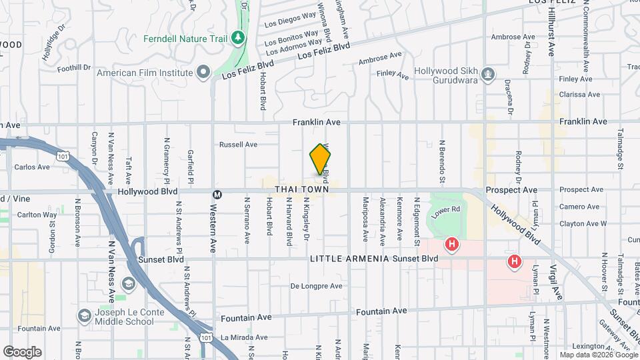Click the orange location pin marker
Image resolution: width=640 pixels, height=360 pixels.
[321, 159]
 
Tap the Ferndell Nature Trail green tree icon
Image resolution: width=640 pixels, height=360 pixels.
[238, 38]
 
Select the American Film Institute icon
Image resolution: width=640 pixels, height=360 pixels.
[203, 73]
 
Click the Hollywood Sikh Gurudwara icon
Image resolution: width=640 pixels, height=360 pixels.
[489, 73]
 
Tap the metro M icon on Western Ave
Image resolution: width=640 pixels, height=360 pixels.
[217, 195]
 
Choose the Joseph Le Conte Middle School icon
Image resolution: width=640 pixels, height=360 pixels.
[85, 315]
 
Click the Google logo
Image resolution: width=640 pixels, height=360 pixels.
[22, 352]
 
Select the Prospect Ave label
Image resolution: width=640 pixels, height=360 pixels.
[511, 190]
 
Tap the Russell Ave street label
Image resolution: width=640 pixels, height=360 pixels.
[238, 144]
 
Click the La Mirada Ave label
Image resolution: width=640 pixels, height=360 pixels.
[243, 337]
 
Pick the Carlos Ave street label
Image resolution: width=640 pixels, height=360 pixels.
[32, 167]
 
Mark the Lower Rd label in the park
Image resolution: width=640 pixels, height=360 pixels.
[446, 211]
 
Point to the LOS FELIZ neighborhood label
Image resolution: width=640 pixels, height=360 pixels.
[551, 3]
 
